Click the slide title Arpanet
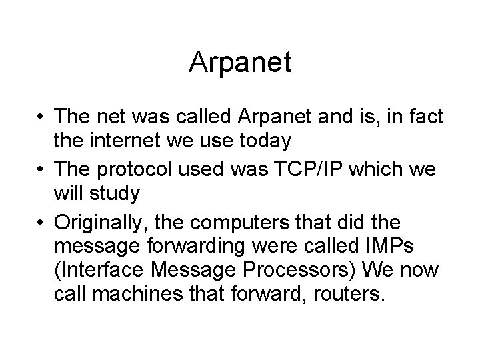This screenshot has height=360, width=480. pyautogui.click(x=240, y=62)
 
